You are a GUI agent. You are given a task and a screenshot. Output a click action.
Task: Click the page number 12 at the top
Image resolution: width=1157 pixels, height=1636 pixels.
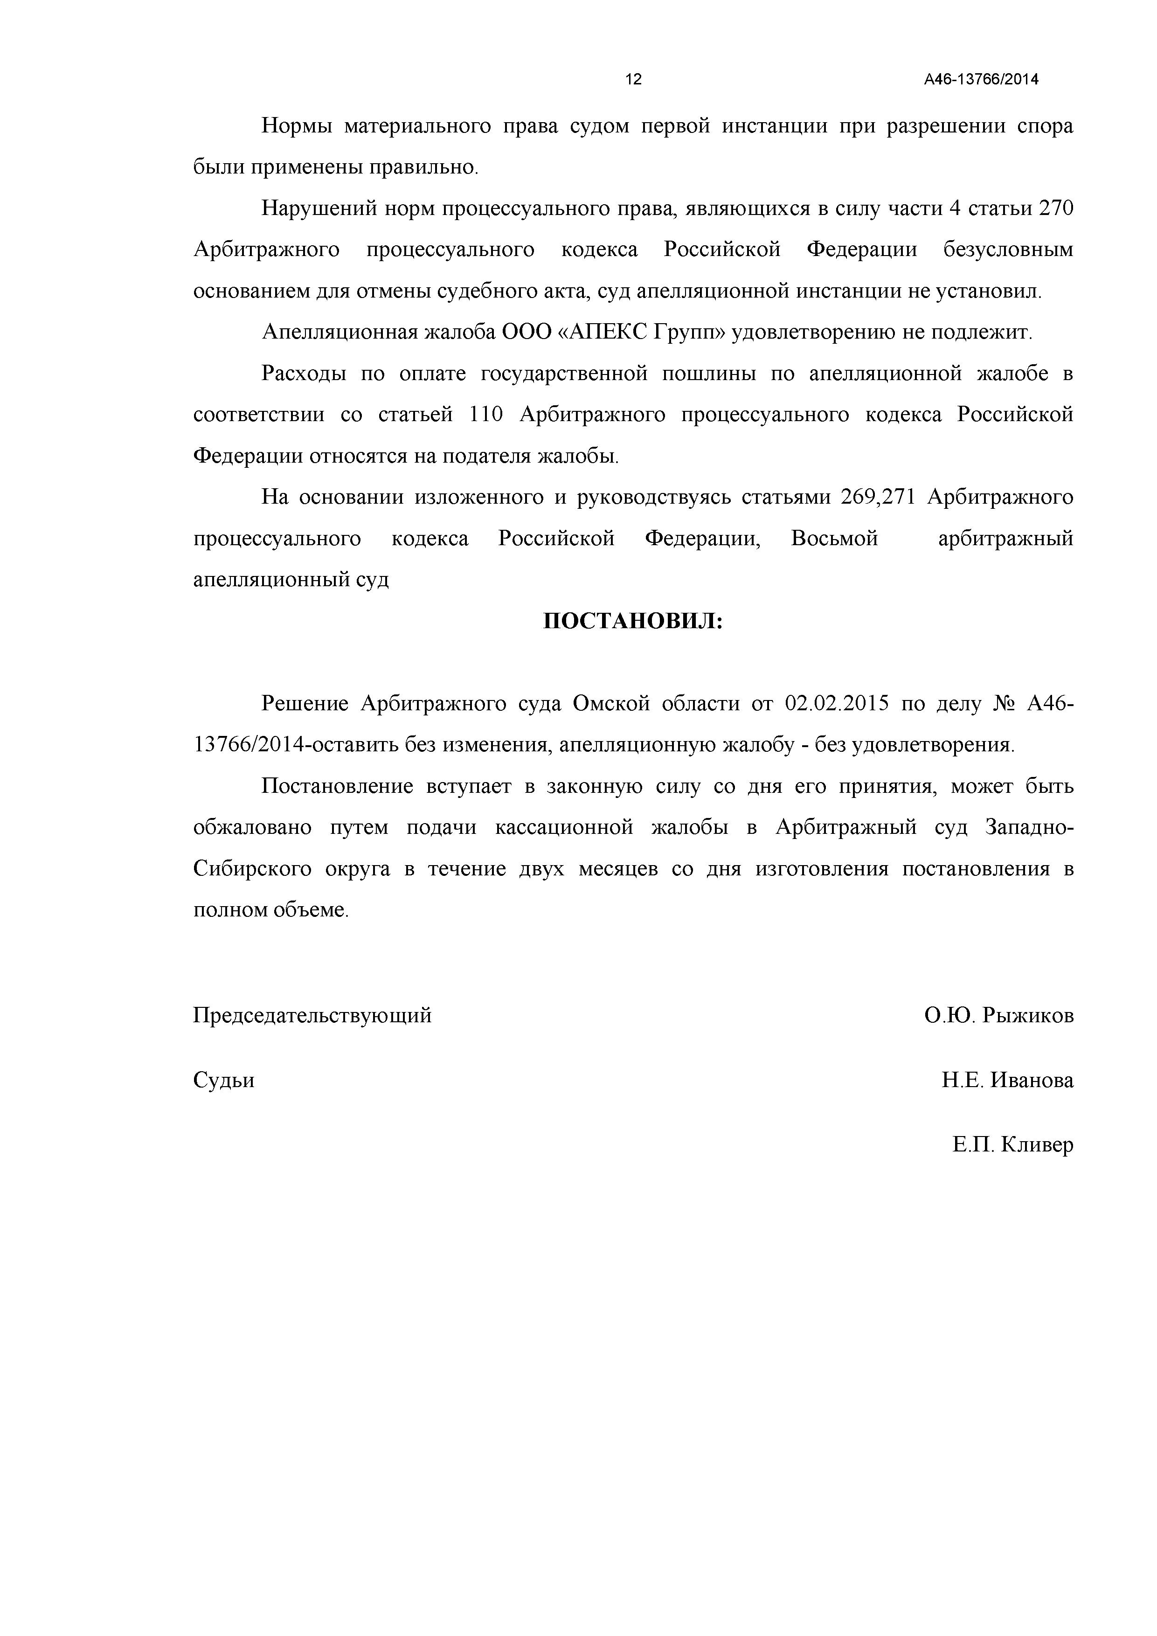coord(633,80)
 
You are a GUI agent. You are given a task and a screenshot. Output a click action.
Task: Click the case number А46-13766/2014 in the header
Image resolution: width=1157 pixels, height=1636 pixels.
coord(981,80)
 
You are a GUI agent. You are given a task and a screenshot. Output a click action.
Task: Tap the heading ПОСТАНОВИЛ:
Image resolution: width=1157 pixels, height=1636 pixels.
coord(633,621)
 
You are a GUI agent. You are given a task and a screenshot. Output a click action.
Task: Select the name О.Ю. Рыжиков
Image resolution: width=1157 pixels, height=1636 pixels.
coord(999,1015)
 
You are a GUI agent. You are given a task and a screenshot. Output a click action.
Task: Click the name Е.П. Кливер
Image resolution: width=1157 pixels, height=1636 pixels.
coord(1013,1145)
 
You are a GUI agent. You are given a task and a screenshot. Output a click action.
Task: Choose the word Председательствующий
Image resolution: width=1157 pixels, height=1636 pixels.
coord(312,1015)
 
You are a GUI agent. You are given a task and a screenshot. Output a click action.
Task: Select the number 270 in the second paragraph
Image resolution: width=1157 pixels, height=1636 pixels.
coord(1056,209)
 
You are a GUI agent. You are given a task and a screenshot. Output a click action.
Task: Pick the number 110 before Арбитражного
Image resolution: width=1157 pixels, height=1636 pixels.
coord(486,415)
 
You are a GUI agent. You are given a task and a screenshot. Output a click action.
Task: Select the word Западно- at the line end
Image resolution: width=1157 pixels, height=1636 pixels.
coord(1030,828)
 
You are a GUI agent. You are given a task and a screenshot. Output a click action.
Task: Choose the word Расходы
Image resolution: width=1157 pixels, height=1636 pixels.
coord(304,374)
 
